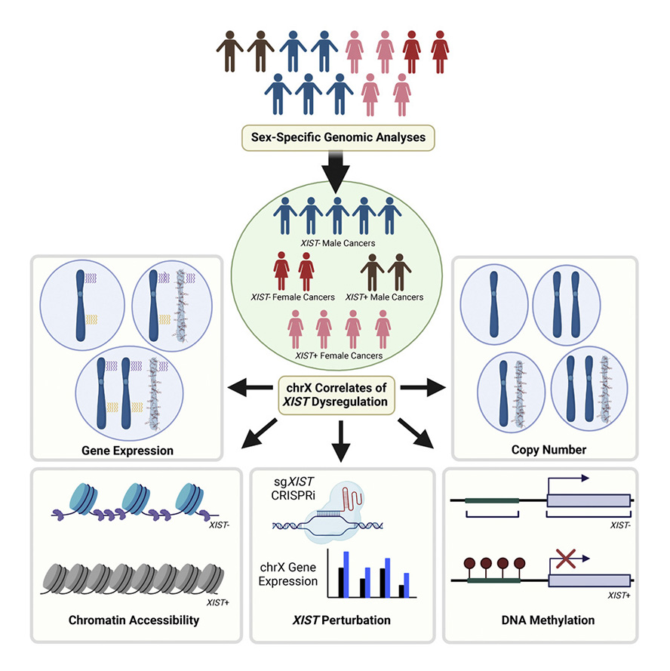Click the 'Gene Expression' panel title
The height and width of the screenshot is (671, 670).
pyautogui.click(x=128, y=451)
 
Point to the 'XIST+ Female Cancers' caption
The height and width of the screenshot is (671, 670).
pyautogui.click(x=337, y=355)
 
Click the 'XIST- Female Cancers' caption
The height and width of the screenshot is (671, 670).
pyautogui.click(x=294, y=297)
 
